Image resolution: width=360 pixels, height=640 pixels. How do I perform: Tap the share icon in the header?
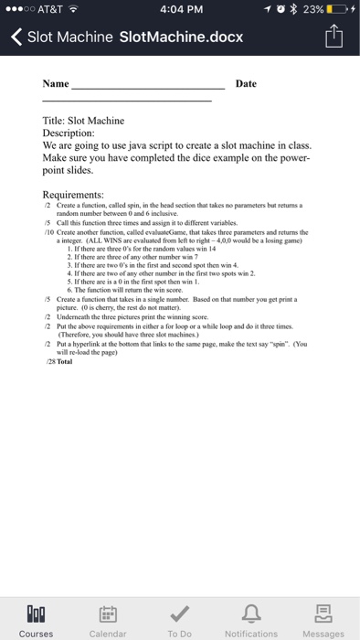(x=334, y=37)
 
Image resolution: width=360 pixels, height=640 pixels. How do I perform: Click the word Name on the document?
(x=56, y=84)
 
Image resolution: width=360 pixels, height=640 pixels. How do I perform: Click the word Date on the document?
(x=246, y=84)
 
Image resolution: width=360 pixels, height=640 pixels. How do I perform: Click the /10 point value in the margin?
(x=49, y=232)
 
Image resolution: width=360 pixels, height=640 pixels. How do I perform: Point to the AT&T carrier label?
(x=54, y=10)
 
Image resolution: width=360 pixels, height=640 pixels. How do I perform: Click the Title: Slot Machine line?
(x=83, y=121)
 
